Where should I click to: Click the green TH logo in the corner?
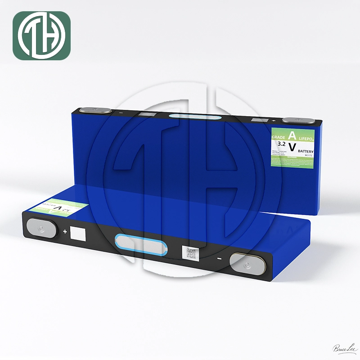(41, 36)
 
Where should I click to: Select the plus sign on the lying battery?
(65, 232)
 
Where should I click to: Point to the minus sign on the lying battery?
(219, 259)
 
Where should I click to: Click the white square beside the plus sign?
(78, 234)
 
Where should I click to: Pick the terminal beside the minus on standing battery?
(95, 110)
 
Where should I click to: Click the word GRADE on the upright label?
(277, 136)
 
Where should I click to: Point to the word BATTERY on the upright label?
(306, 152)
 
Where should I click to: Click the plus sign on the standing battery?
(274, 121)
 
